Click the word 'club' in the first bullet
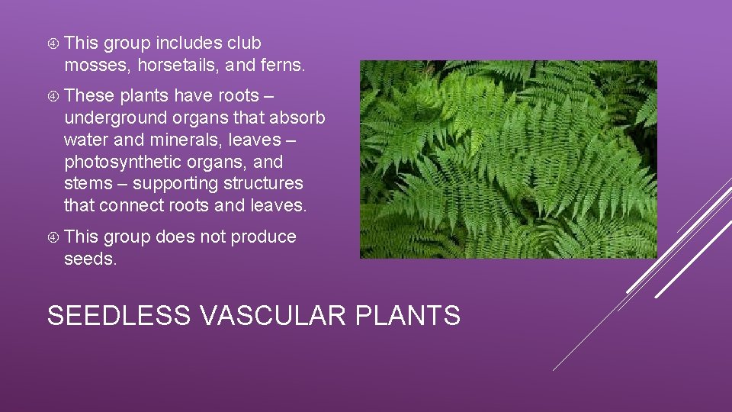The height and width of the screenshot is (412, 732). (x=243, y=43)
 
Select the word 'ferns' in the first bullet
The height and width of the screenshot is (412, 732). (x=281, y=66)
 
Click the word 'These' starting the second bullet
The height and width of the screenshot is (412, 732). (x=88, y=96)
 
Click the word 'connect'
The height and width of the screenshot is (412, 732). (x=127, y=206)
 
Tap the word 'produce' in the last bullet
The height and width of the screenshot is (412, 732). (x=263, y=237)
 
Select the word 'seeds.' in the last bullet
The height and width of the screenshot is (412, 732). (x=91, y=259)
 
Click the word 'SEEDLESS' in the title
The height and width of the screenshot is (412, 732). (x=118, y=314)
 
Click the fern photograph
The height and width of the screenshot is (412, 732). (x=508, y=159)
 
